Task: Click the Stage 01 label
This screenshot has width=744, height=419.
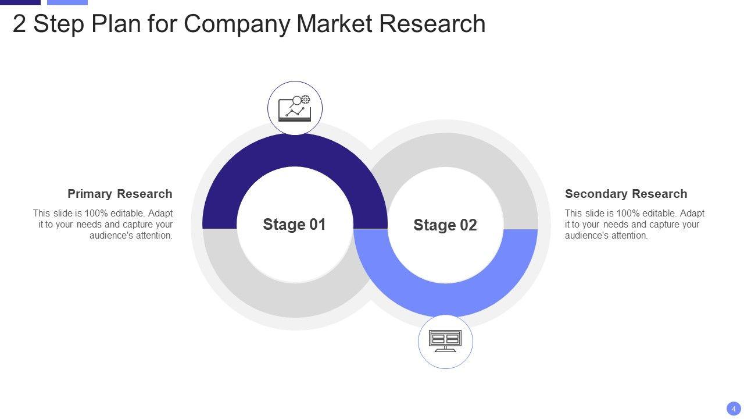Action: (294, 225)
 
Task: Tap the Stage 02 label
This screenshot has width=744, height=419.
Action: (445, 225)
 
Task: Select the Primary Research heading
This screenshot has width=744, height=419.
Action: (120, 194)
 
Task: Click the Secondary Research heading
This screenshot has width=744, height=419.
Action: (626, 194)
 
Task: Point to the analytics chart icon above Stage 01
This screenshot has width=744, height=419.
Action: (295, 108)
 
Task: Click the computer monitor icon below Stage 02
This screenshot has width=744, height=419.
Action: (445, 342)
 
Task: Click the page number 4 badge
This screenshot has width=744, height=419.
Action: (734, 409)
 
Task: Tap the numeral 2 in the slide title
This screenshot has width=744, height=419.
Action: (19, 24)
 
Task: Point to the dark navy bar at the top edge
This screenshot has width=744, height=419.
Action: (20, 2)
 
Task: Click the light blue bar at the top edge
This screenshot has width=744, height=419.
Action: (67, 2)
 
